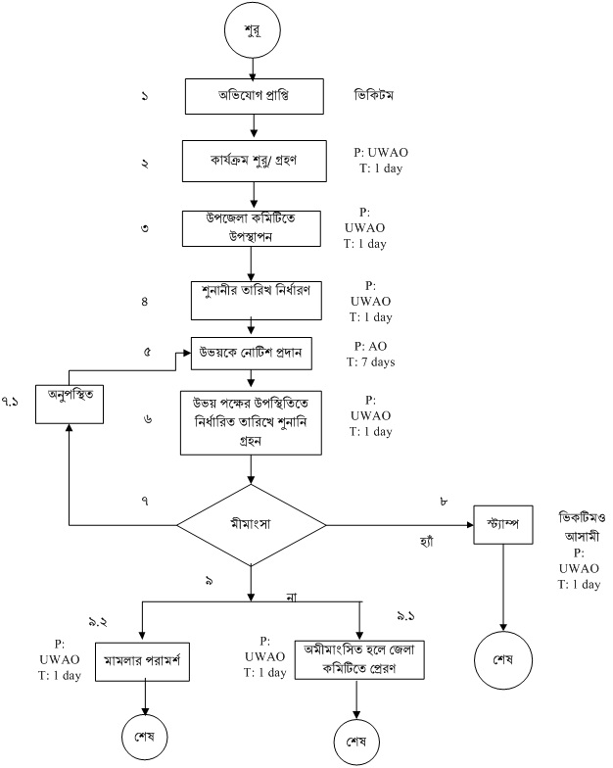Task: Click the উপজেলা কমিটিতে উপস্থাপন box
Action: coord(252,228)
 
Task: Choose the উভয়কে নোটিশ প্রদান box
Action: coord(252,354)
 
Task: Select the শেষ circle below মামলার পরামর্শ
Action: coord(146,734)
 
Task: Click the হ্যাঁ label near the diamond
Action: coord(423,540)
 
